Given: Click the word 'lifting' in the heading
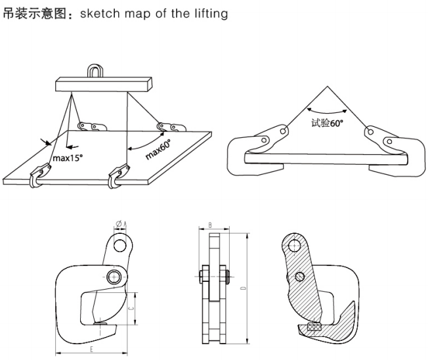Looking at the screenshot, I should pyautogui.click(x=211, y=13).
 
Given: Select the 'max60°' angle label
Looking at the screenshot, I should pyautogui.click(x=158, y=149).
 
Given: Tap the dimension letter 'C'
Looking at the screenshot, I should pyautogui.click(x=132, y=307).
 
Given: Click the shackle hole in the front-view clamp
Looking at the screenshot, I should pyautogui.click(x=119, y=244).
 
